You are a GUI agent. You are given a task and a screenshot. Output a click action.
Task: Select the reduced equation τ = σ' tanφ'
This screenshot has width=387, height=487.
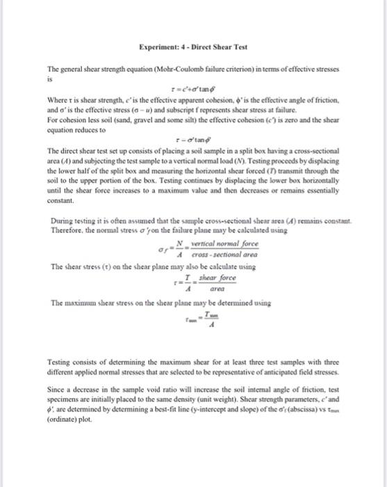(x=192, y=140)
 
